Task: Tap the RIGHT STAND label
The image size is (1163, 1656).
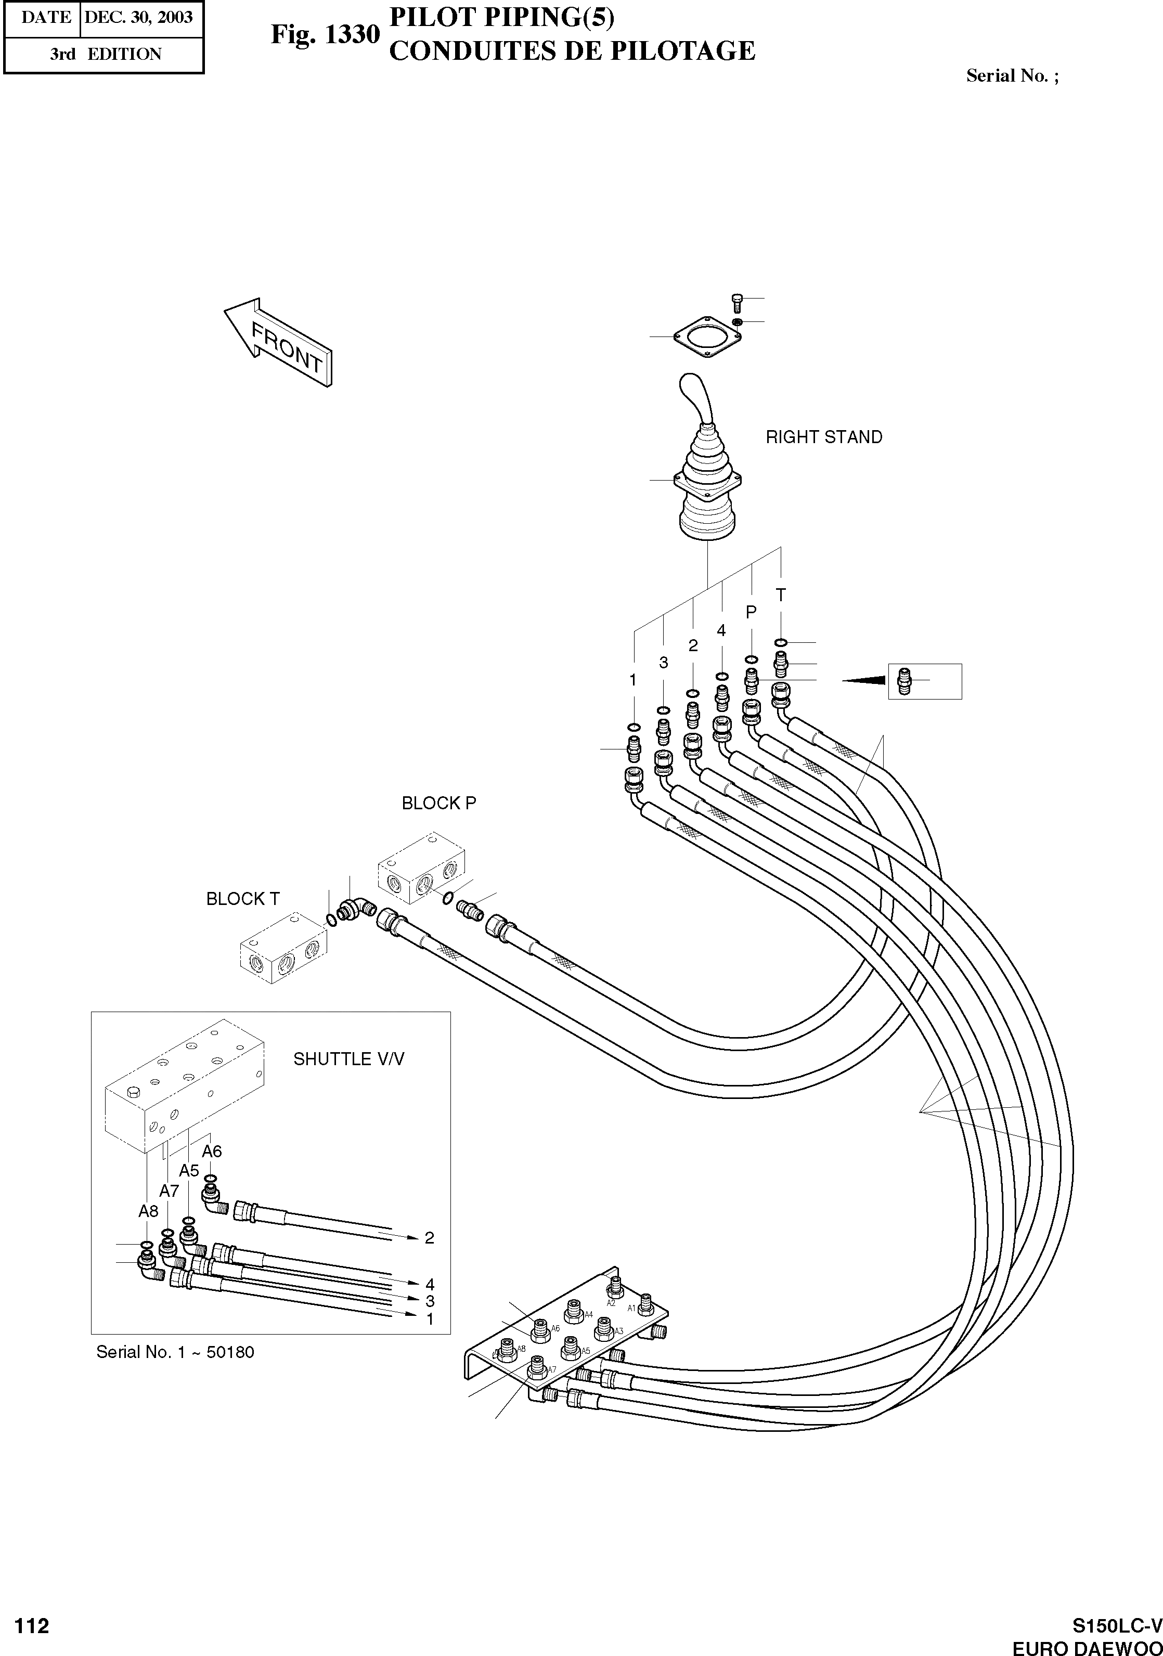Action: coord(823,437)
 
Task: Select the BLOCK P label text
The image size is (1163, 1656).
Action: coord(438,803)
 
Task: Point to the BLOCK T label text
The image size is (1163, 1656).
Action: coord(242,899)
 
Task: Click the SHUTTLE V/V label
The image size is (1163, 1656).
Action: coord(348,1059)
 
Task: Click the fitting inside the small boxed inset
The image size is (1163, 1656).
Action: coord(904,680)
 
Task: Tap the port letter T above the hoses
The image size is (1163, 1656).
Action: coord(780,595)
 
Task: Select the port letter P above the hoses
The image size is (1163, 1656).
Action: coord(751,612)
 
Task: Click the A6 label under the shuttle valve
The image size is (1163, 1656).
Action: coord(211,1151)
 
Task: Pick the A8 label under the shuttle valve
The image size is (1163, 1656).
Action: coord(148,1211)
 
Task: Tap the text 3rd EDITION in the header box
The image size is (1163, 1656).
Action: coord(106,54)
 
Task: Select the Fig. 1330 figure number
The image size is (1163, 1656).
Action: coord(325,35)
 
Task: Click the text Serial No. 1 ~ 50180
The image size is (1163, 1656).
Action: coord(175,1352)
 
